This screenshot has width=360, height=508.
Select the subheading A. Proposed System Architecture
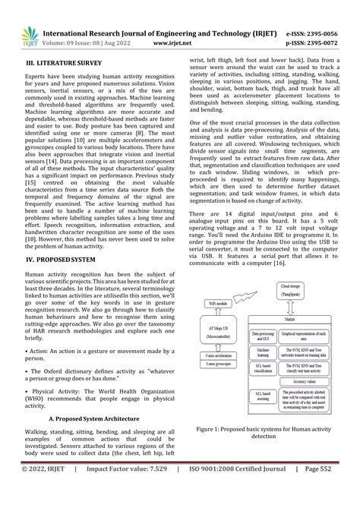pos(94,418)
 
